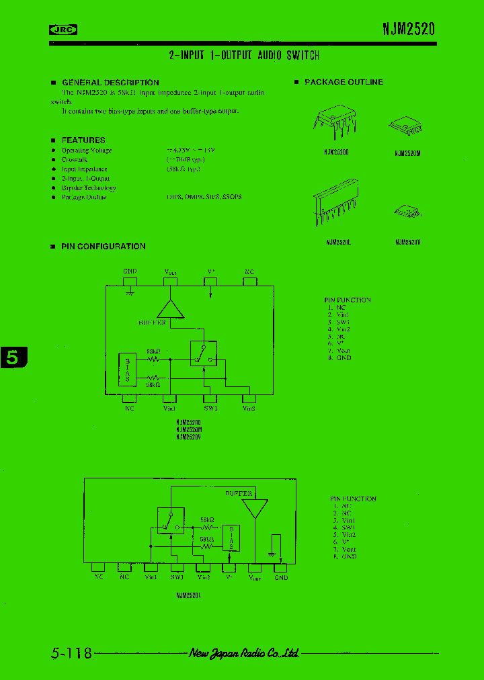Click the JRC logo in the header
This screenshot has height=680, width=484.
[x=64, y=29]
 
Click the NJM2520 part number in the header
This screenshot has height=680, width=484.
[x=409, y=28]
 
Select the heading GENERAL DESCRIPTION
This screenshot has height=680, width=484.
[x=110, y=83]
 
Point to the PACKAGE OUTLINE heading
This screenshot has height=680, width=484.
[x=344, y=82]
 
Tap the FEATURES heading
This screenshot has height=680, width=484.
[x=83, y=140]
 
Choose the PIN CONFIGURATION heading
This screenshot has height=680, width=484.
[x=103, y=247]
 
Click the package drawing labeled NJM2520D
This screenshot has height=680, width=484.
[x=337, y=122]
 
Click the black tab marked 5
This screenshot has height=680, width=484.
[x=13, y=357]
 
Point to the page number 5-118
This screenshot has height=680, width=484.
[x=71, y=652]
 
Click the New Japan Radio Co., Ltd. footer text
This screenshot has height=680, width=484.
[x=243, y=652]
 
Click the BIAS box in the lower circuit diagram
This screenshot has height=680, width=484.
[x=231, y=538]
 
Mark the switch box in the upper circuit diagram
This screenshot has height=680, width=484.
[x=202, y=353]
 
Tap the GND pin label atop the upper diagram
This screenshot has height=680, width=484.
[x=130, y=271]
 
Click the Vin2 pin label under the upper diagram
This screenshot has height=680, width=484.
[x=249, y=408]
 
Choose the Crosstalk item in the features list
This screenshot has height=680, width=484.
[x=75, y=160]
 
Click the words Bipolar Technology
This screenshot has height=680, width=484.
[x=89, y=188]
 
